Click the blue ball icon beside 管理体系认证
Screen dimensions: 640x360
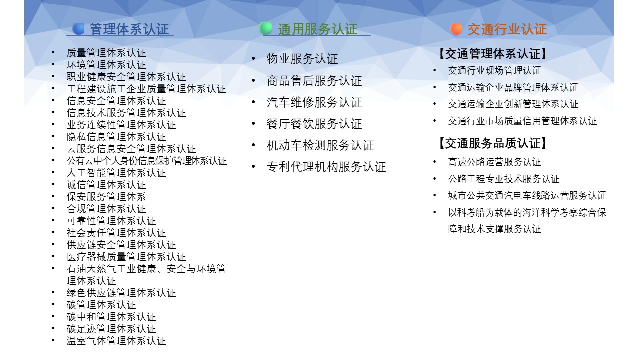pos(78,29)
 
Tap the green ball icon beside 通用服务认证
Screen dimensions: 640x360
pos(265,28)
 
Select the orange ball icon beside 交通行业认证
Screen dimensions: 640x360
pos(456,29)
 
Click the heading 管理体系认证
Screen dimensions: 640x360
pos(129,29)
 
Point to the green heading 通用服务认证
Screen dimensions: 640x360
pos(317,29)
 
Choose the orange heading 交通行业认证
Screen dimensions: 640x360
pos(507,29)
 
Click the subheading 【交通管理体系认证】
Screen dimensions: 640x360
pos(493,54)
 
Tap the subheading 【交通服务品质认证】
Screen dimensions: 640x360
pos(493,143)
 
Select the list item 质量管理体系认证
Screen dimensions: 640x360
pos(106,53)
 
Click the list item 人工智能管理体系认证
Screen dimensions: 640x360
pos(116,173)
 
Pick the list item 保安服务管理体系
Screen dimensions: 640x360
pos(106,197)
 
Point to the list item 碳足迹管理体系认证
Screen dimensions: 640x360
pos(111,329)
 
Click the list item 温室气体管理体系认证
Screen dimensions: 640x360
pos(116,341)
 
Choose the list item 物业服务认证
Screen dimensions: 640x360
pos(302,59)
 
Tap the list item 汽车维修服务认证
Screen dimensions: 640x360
pos(314,102)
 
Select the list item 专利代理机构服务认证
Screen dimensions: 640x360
pos(326,167)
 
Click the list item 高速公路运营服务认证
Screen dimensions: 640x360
pos(494,162)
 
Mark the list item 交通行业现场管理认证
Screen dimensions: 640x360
pos(494,71)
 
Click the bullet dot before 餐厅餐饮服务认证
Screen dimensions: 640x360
pos(253,123)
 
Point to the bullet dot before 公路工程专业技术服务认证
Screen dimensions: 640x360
pos(435,179)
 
